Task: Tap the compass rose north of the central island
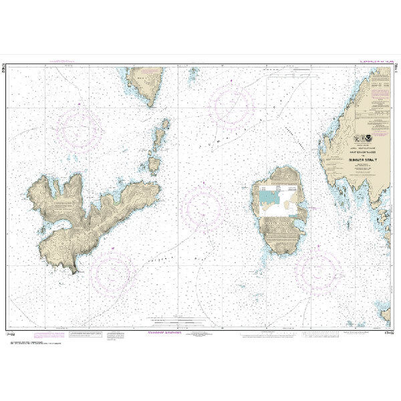point(232,105)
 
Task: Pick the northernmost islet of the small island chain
point(164,124)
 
